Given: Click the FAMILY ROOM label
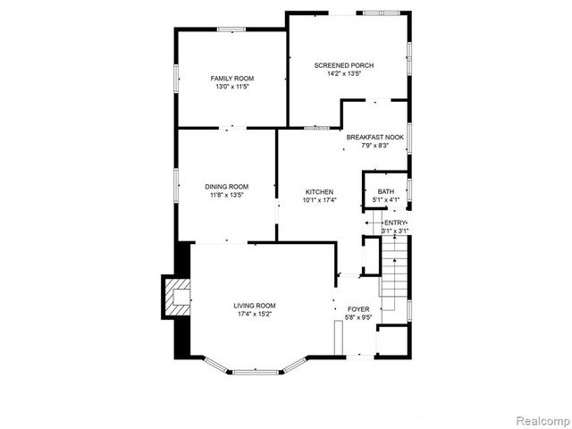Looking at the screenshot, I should coord(232,79).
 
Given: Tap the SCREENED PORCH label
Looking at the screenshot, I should coord(343,65).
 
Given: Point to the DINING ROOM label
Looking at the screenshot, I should coord(226,186).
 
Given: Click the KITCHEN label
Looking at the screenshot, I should coord(319,192).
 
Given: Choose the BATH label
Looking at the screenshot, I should coord(385,192).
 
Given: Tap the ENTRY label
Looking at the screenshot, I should coord(395,223).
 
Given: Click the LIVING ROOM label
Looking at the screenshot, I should coord(254,307).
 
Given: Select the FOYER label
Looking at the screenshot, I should coord(357,309).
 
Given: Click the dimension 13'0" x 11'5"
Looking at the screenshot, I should coord(232,88).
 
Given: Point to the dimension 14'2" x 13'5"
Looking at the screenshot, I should coord(343,74).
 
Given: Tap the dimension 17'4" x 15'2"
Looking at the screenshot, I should coord(254,315).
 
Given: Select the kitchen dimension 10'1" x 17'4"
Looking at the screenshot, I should coord(319,200).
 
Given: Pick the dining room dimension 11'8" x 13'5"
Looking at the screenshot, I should coord(226,195).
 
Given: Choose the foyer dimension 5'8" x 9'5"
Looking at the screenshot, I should coord(357,317).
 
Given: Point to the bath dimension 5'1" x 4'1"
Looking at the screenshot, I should coord(385,200).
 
